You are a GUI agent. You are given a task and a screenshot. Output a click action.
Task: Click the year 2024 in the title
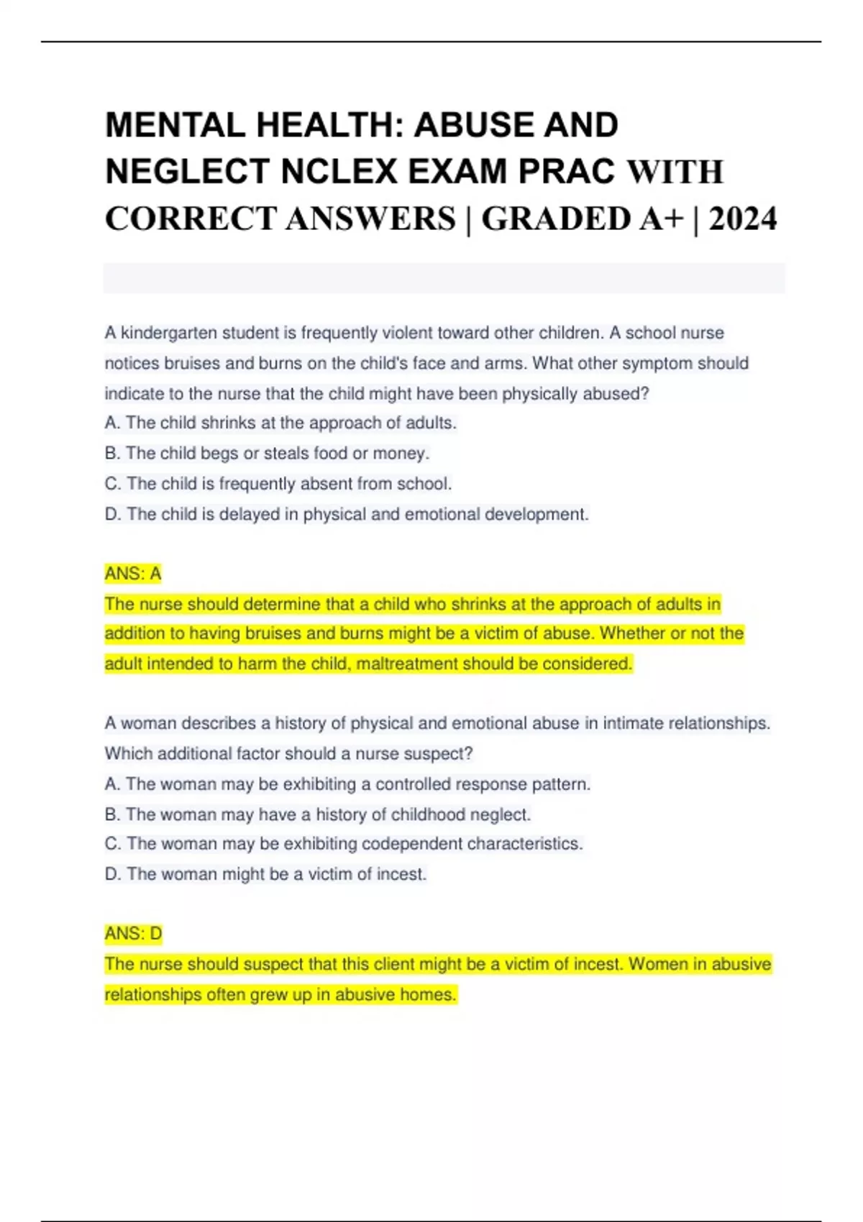coord(742,219)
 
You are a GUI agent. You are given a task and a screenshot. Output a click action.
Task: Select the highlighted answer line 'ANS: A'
coord(133,574)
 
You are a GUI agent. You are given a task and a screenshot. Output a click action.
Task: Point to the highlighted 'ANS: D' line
coord(134,934)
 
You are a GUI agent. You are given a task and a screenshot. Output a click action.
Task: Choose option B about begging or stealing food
coord(267,454)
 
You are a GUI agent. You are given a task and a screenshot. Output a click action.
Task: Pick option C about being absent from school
coord(278,484)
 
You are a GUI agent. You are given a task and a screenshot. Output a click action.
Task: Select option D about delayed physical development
coord(347,515)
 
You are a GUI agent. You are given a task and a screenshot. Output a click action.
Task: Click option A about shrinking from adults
coord(280,423)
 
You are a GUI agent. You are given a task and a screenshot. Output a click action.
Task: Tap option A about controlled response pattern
coord(347,784)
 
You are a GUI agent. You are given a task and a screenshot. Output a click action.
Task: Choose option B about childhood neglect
coord(318,814)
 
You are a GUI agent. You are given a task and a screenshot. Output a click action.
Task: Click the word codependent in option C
coord(411,844)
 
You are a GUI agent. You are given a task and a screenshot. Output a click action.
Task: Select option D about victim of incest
coord(265,874)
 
